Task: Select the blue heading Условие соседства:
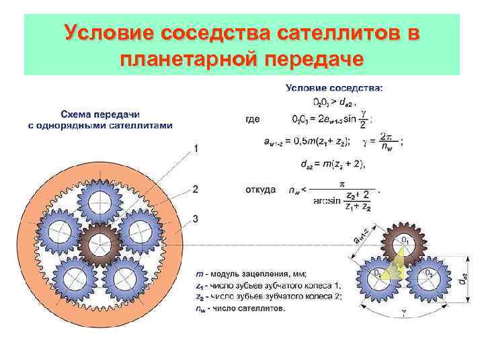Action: pos(335,87)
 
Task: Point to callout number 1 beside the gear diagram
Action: pos(196,148)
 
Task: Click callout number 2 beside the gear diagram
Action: pos(196,189)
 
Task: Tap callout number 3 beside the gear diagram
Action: pos(196,218)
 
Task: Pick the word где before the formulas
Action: pos(253,119)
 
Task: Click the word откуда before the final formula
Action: pos(260,190)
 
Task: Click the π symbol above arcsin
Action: pos(342,182)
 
